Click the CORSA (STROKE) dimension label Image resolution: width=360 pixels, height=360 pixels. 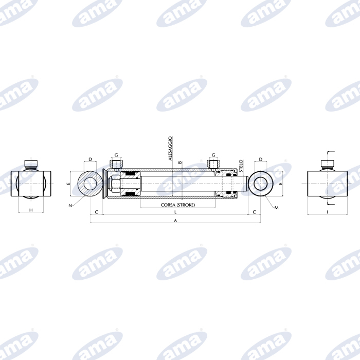178,205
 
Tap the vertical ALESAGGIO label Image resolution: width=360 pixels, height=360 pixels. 170,148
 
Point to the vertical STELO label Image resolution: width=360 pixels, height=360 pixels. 241,166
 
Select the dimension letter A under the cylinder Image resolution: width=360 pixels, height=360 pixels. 175,221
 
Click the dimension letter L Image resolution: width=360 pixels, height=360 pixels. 176,212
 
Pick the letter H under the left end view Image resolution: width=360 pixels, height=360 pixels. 31,210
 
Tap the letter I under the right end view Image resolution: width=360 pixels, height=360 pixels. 328,212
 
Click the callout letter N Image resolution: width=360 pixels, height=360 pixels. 70,206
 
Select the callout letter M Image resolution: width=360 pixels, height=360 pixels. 277,208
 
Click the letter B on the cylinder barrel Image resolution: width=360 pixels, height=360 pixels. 180,163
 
